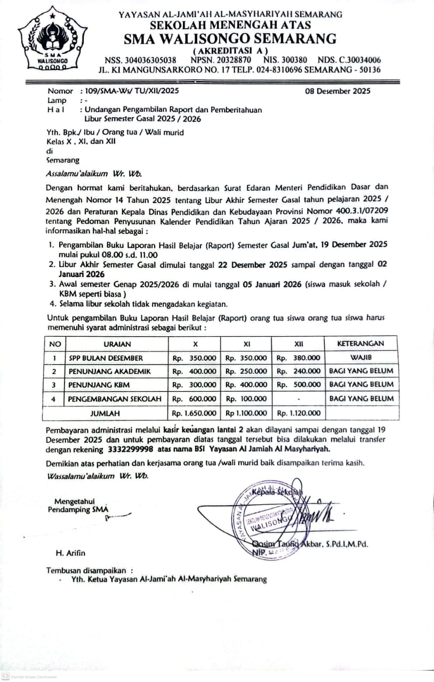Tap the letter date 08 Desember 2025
[x=337, y=91]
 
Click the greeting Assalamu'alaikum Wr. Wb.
[x=94, y=174]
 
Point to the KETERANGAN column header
[x=360, y=344]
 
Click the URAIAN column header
[x=117, y=344]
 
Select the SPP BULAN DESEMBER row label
[x=106, y=358]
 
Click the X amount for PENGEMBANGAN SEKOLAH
[x=194, y=399]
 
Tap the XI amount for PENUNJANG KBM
[x=246, y=385]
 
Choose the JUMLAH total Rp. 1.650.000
[x=194, y=413]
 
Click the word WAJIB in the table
[x=361, y=358]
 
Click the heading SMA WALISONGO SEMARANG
[x=230, y=39]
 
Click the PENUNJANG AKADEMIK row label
[x=109, y=371]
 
